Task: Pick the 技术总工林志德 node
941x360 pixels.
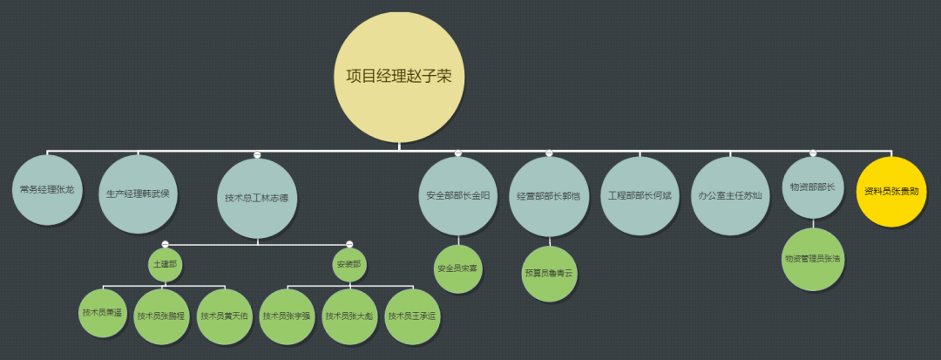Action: pyautogui.click(x=256, y=198)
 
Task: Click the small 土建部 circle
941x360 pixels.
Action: pyautogui.click(x=165, y=264)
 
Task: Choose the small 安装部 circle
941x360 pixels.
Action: pyautogui.click(x=349, y=264)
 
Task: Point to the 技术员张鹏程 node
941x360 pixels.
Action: pyautogui.click(x=161, y=316)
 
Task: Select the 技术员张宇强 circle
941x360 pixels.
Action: pyautogui.click(x=287, y=316)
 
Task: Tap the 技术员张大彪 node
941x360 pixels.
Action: pyautogui.click(x=349, y=316)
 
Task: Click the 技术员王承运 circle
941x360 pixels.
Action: pyautogui.click(x=411, y=316)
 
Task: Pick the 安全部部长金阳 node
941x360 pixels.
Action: pyautogui.click(x=457, y=195)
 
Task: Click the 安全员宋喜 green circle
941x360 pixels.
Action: pyautogui.click(x=457, y=268)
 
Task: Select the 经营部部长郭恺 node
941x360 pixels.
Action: pyautogui.click(x=549, y=195)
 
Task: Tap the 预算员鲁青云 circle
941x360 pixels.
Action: pyautogui.click(x=549, y=273)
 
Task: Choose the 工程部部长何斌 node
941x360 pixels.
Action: pyautogui.click(x=640, y=195)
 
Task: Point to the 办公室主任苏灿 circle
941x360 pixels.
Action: pyautogui.click(x=730, y=195)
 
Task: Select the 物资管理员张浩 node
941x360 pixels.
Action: pyautogui.click(x=813, y=259)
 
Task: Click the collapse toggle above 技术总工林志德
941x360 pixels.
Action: pyautogui.click(x=256, y=154)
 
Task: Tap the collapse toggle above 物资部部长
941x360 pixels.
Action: pyautogui.click(x=813, y=153)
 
